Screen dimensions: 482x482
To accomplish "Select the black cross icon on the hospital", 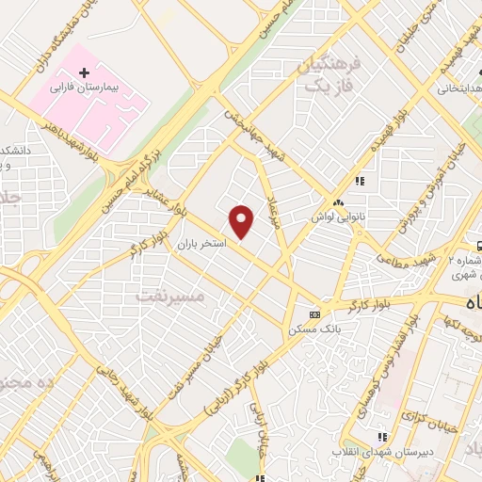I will tap(84, 72).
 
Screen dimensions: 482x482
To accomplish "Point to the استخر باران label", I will tap(201, 244).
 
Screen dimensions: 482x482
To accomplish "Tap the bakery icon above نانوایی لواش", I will tap(337, 202).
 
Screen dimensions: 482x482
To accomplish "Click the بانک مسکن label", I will tap(314, 329).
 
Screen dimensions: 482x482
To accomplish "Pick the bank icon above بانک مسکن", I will tap(314, 313).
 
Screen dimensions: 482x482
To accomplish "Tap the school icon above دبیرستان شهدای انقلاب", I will tap(381, 437).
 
